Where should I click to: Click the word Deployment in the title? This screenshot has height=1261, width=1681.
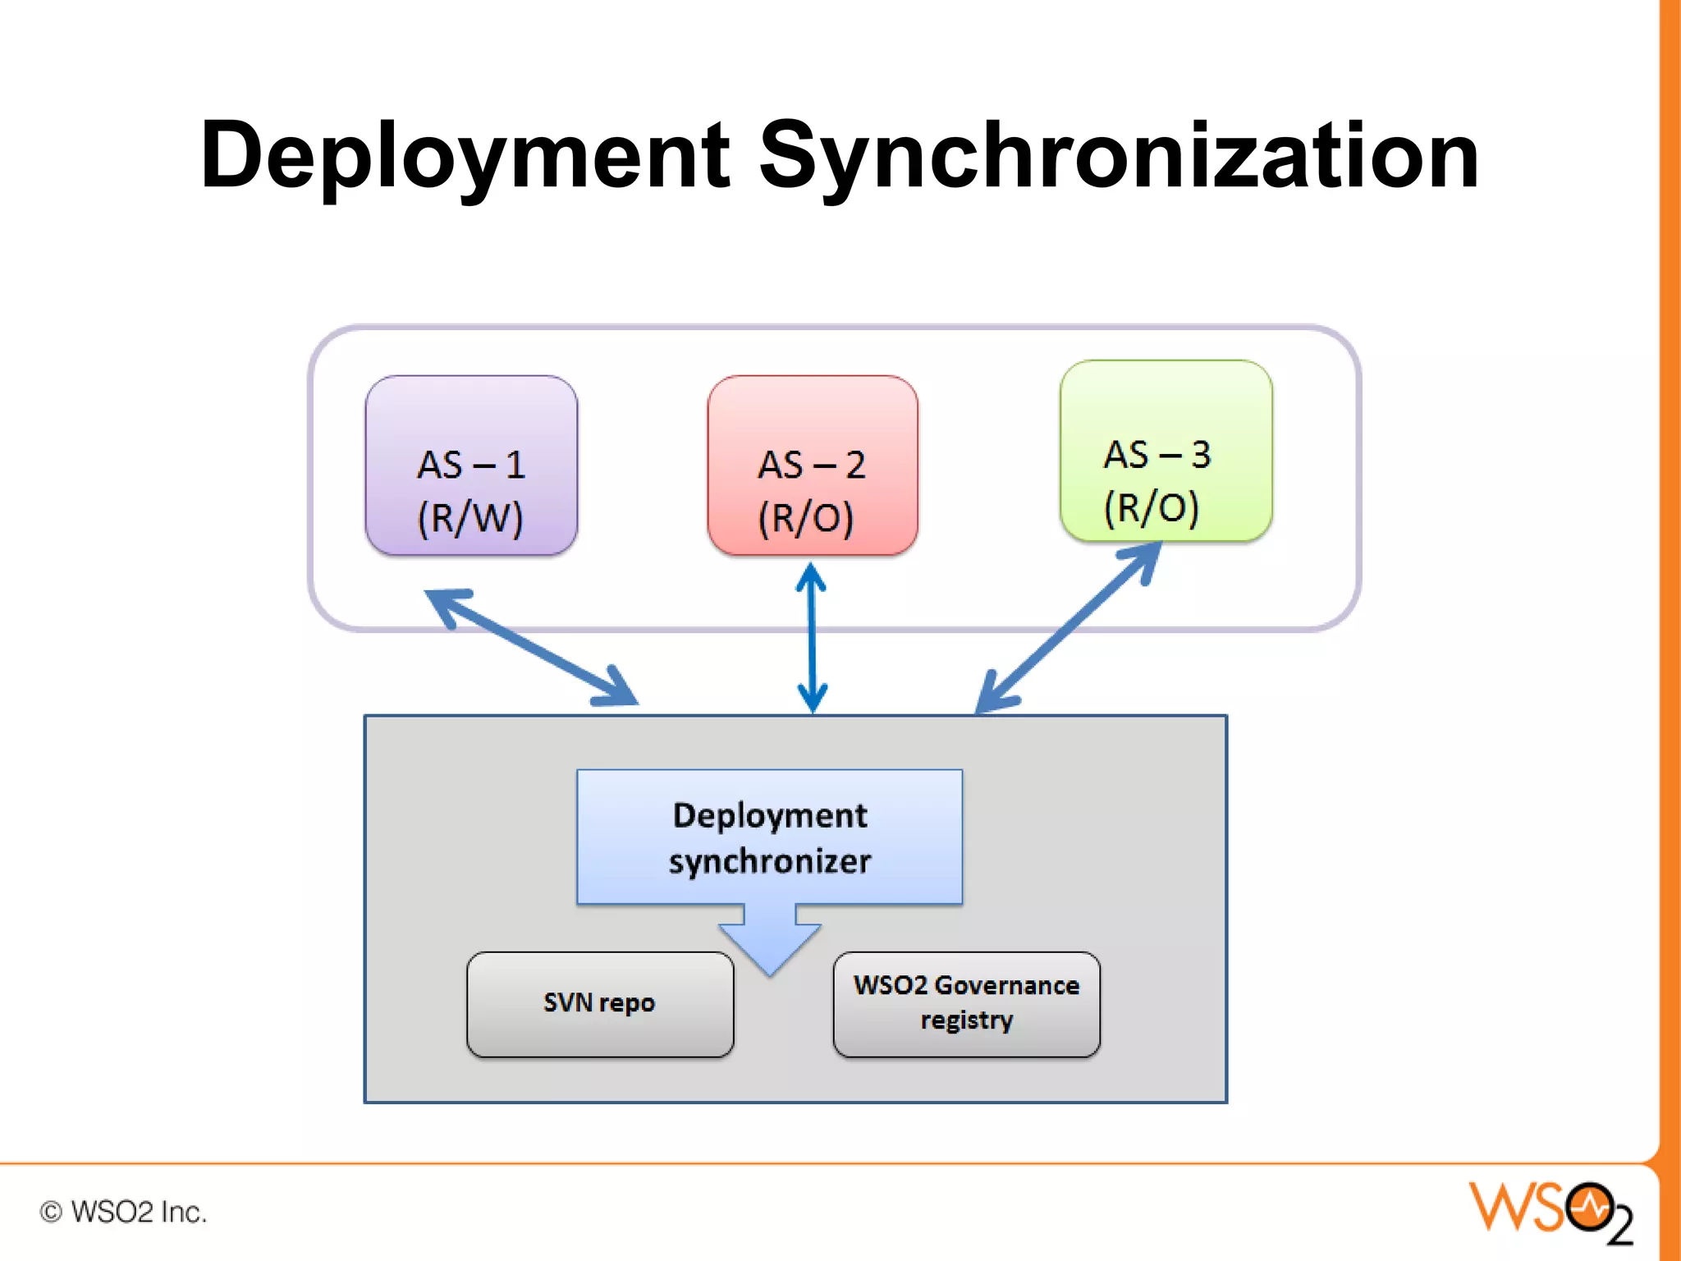coord(465,156)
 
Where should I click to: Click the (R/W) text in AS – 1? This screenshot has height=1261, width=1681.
coord(470,518)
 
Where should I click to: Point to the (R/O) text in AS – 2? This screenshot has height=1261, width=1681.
coord(805,518)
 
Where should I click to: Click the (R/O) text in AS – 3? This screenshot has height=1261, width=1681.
coord(1151,507)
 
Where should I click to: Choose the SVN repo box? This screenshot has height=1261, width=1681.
coord(600,1004)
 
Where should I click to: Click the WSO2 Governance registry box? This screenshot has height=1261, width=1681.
coord(966,1004)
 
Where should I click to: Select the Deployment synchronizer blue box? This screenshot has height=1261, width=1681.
coord(769,837)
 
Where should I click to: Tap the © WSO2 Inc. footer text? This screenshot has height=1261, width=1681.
coord(123,1212)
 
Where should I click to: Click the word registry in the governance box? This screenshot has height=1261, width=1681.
coord(966,1020)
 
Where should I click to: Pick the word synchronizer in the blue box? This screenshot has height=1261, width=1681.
coord(769,862)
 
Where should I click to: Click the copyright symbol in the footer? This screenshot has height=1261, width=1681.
coord(51,1212)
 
